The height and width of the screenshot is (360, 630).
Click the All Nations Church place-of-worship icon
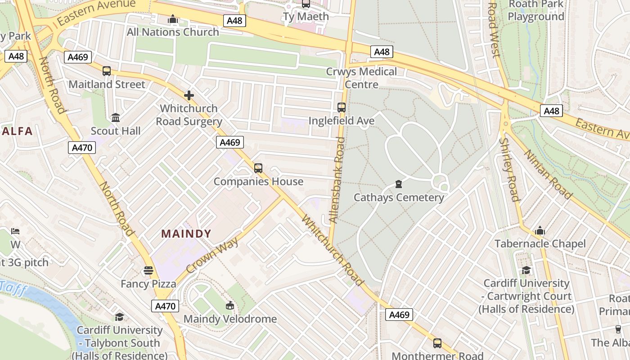pos(172,19)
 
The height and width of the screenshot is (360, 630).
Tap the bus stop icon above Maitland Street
pos(107,71)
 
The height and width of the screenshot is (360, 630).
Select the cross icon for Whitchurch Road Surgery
pos(189,95)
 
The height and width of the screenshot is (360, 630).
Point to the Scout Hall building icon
pos(116,118)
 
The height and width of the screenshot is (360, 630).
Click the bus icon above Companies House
pos(258,168)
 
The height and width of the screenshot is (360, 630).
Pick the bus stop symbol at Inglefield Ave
pos(342,108)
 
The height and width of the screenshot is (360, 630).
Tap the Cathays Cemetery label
pos(399,198)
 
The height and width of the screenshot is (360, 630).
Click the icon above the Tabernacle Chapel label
pos(540,231)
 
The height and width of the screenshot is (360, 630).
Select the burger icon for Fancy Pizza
pos(148,270)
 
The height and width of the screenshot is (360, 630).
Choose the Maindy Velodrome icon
pos(230,306)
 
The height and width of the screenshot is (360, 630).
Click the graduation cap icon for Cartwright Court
pos(526,270)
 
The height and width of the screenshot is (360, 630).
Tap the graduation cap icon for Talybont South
pos(119,317)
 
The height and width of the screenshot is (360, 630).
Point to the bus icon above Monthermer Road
pos(437,343)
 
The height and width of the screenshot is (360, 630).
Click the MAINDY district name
pos(186,234)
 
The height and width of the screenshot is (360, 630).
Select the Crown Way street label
pos(212,255)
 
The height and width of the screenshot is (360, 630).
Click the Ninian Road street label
pos(548,174)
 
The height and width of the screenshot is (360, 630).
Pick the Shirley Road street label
pos(509,169)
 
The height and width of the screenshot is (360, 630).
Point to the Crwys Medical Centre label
pos(361,78)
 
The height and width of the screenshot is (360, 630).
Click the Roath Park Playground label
pos(535,10)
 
